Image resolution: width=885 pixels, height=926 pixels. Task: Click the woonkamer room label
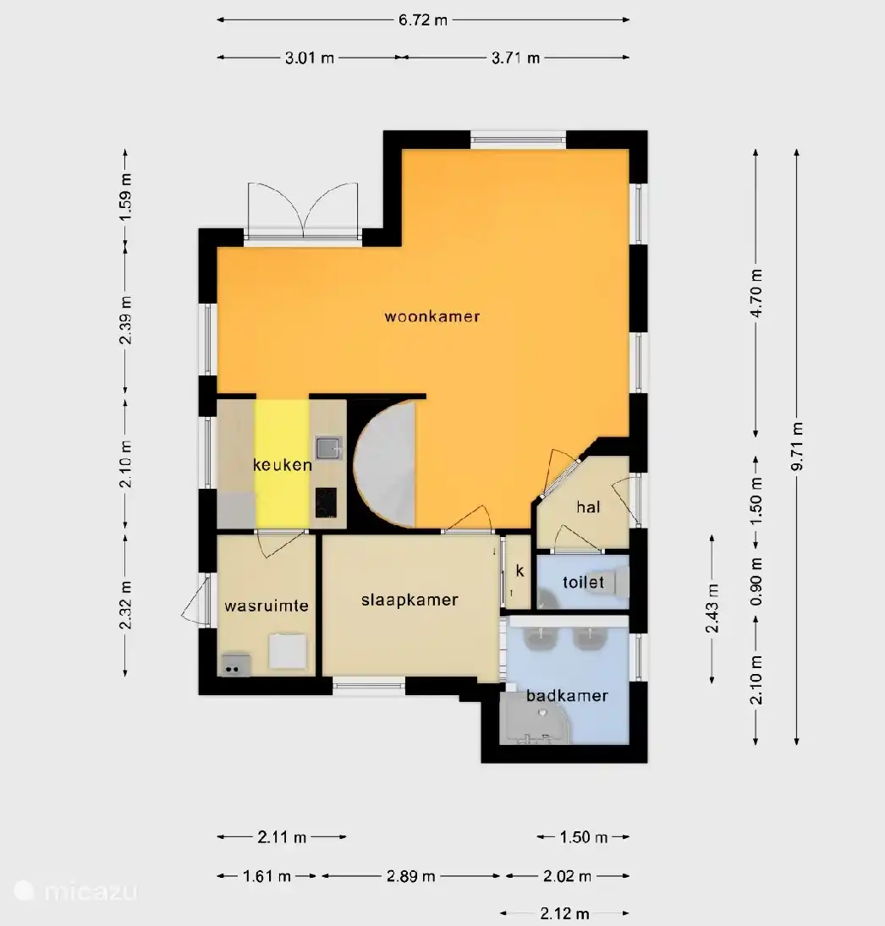click(432, 316)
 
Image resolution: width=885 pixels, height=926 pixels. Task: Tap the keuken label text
click(283, 465)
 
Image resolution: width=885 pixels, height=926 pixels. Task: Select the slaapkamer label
click(410, 600)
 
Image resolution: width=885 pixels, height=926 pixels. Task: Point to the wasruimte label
click(267, 605)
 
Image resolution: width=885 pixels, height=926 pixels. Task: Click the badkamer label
click(567, 696)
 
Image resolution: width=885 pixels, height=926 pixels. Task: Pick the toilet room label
click(583, 583)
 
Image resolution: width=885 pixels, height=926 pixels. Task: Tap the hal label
click(588, 507)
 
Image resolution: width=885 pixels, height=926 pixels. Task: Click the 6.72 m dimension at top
click(423, 20)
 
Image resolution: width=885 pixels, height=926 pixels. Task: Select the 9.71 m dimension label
click(797, 447)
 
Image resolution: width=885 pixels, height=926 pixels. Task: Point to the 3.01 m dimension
click(310, 58)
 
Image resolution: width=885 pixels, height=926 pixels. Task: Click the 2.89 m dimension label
click(411, 876)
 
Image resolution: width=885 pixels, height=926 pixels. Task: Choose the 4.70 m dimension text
click(756, 293)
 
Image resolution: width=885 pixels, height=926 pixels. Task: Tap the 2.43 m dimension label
click(712, 608)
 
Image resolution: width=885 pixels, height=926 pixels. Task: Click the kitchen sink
click(328, 448)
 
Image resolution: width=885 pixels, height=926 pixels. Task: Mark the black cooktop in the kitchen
click(326, 502)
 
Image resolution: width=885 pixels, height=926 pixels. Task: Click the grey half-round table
click(384, 463)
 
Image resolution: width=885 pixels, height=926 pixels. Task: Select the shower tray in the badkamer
click(535, 718)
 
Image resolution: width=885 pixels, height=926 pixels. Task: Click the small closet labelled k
click(519, 571)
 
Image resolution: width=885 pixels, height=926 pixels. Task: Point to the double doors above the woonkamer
click(303, 211)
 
